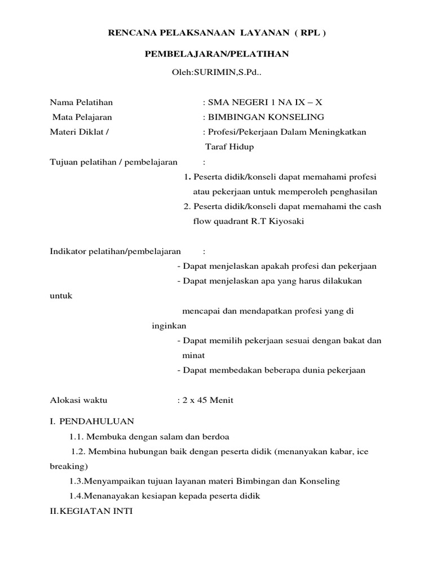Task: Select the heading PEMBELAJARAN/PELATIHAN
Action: point(216,54)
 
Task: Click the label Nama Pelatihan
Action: point(81,102)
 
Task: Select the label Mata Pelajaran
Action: point(82,117)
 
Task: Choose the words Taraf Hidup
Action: point(229,147)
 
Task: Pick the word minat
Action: point(193,356)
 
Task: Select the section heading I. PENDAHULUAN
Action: point(92,421)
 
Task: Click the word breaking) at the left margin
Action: point(68,467)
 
